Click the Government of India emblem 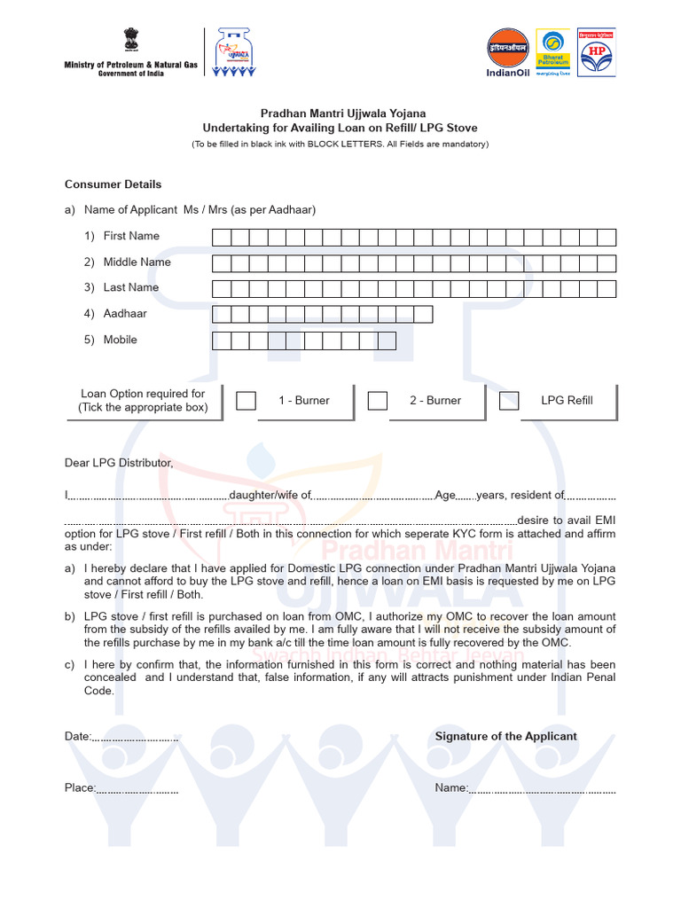133,42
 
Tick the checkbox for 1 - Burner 246,401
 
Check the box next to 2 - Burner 378,401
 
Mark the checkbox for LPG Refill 509,401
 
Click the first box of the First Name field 221,237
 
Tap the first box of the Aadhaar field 221,314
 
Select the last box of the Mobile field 387,340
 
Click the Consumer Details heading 113,184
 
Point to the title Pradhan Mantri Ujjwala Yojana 342,113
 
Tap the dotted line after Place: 137,789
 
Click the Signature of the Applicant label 505,736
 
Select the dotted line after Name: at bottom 542,789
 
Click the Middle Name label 137,262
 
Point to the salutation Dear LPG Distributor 119,463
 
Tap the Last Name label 130,287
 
